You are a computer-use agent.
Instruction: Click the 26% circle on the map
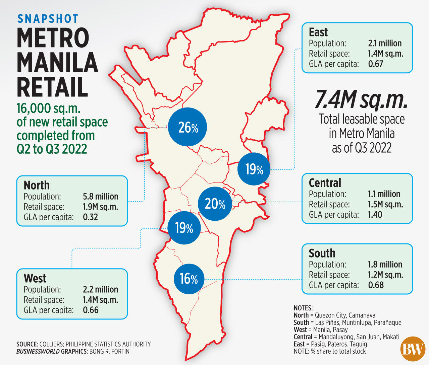[187, 127]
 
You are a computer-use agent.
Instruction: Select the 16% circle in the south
[189, 279]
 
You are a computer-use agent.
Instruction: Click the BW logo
[413, 349]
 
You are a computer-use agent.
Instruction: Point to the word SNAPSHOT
[48, 19]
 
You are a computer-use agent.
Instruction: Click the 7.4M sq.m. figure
[361, 99]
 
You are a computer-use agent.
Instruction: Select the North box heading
[37, 185]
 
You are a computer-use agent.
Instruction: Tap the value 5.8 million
[101, 197]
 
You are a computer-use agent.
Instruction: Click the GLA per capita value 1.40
[375, 215]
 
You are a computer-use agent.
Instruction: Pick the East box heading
[318, 32]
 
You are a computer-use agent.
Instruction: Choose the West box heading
[35, 278]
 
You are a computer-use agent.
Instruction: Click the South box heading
[322, 253]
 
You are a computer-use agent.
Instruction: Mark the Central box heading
[325, 183]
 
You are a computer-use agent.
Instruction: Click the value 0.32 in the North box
[90, 217]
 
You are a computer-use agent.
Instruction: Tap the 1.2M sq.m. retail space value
[385, 275]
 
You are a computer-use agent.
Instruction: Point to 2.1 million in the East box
[385, 43]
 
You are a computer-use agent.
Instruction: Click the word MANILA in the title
[57, 62]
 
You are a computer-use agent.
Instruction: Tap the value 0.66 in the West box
[91, 310]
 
